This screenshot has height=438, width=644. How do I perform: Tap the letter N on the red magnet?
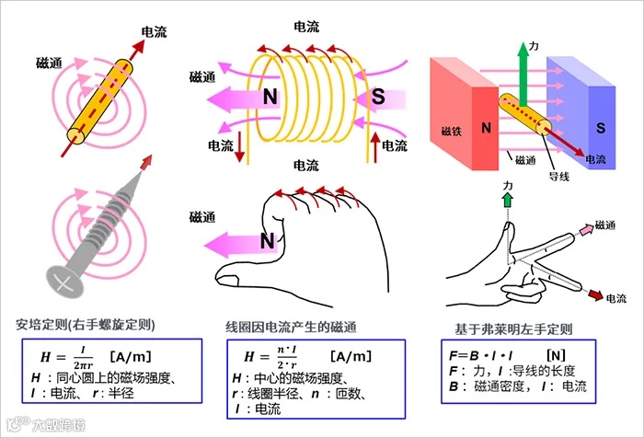485,126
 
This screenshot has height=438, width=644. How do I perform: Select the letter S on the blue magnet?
598,124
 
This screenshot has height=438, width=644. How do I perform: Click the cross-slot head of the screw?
63,278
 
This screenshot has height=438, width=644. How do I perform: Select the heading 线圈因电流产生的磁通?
291,326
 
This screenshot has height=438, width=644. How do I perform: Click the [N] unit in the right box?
556,354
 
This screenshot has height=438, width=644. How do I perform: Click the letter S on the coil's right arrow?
378,97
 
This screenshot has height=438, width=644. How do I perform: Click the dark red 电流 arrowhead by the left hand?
594,295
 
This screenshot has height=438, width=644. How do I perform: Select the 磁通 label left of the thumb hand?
203,217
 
